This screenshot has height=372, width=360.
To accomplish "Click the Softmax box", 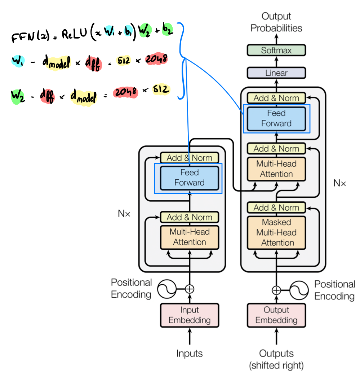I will (x=276, y=51).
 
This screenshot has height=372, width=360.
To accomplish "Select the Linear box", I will (x=276, y=73).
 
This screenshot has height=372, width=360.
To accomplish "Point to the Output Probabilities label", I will (x=276, y=22).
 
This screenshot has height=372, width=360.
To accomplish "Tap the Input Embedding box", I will (x=190, y=315).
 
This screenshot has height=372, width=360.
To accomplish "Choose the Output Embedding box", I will (x=276, y=315).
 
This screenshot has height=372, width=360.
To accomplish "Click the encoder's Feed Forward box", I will (x=190, y=178).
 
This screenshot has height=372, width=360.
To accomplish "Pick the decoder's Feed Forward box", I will (x=276, y=118).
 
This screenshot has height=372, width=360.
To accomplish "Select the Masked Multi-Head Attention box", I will (x=276, y=232).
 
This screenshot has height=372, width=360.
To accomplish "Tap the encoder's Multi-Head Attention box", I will (x=190, y=237).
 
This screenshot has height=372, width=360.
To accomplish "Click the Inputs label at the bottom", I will (x=190, y=354).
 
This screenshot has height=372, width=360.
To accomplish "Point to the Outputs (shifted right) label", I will (x=276, y=359).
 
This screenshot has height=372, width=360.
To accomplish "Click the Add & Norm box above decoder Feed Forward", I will (x=276, y=98).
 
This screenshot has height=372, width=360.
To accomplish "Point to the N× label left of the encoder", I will (x=124, y=214).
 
